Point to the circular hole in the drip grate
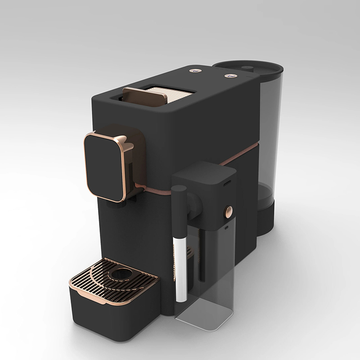tap(121, 273)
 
